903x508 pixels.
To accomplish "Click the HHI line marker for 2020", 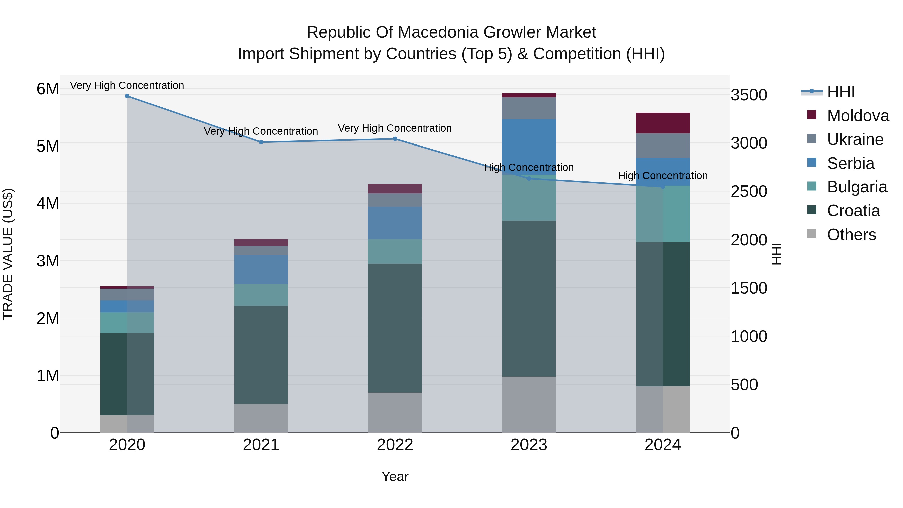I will [127, 96].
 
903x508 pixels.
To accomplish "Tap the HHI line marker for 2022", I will [395, 139].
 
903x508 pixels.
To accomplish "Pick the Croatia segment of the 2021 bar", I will [261, 354].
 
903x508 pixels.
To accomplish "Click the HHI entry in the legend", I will [840, 92].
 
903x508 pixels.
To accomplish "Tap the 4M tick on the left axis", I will [48, 203].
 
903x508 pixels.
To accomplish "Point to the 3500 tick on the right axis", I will [749, 95].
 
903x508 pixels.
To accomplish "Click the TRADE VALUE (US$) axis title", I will [8, 254].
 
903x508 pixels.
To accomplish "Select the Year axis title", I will [395, 476].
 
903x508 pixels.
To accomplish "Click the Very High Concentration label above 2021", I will [261, 131].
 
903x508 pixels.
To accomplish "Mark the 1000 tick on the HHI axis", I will [749, 337].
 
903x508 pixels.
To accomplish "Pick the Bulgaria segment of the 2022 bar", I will [395, 251].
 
